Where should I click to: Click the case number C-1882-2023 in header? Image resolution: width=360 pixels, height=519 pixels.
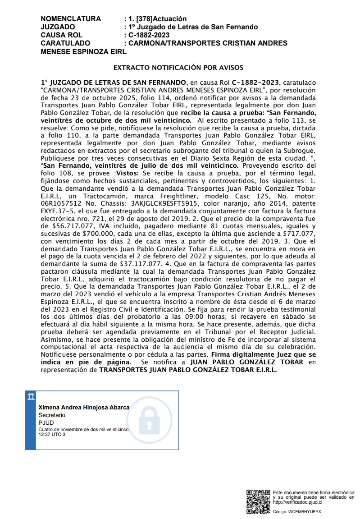click(149, 35)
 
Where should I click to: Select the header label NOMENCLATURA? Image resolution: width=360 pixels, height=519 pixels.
click(71, 19)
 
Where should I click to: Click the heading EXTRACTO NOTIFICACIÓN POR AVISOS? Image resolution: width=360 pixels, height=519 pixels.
click(178, 68)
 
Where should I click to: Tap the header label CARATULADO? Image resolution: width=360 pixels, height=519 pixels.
click(65, 43)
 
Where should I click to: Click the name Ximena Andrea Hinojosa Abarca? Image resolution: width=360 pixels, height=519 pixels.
click(84, 408)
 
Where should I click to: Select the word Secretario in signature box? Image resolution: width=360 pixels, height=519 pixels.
click(52, 415)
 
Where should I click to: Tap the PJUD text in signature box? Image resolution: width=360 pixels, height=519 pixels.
click(46, 423)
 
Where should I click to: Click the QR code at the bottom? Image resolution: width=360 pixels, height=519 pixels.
click(258, 501)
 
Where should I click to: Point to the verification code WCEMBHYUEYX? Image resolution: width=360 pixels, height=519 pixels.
click(305, 512)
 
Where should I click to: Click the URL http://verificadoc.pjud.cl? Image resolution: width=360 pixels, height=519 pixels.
click(298, 502)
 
